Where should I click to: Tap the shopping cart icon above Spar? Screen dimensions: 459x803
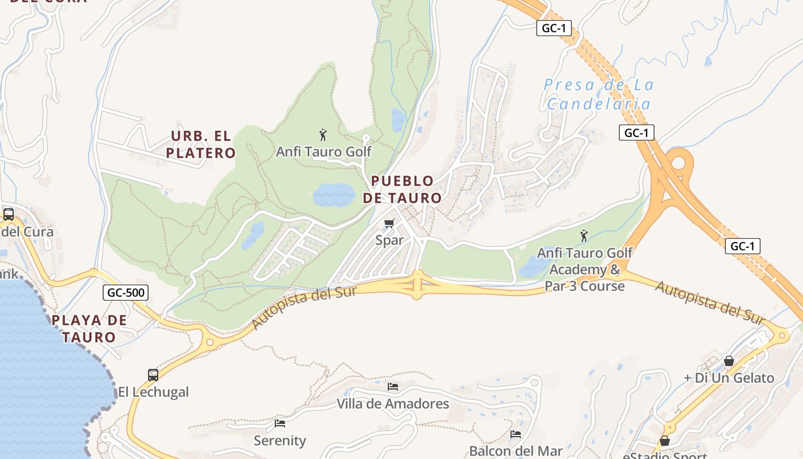(390, 223)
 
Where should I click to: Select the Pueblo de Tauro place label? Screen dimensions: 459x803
(402, 189)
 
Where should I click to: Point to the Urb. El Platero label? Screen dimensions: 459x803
(201, 144)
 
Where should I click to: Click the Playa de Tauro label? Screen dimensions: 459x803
(89, 328)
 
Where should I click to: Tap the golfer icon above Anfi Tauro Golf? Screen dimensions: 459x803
(323, 135)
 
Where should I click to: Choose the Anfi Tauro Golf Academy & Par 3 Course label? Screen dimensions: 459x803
(585, 269)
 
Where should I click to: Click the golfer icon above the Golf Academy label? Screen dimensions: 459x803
(584, 236)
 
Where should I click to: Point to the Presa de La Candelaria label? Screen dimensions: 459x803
(599, 94)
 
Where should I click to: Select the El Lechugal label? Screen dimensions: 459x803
(153, 392)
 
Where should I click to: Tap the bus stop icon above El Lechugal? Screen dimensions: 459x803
(153, 375)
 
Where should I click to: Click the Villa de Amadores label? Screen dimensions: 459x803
(393, 404)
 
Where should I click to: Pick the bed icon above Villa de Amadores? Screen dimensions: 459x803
(393, 387)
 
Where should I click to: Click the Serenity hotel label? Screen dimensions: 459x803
(280, 441)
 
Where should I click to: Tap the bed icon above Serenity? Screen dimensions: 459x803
(280, 423)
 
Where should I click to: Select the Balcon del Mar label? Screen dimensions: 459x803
(516, 451)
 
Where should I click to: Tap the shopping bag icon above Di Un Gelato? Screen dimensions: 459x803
(728, 361)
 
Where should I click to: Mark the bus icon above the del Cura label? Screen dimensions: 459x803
(9, 215)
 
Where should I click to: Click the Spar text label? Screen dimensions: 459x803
(390, 240)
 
